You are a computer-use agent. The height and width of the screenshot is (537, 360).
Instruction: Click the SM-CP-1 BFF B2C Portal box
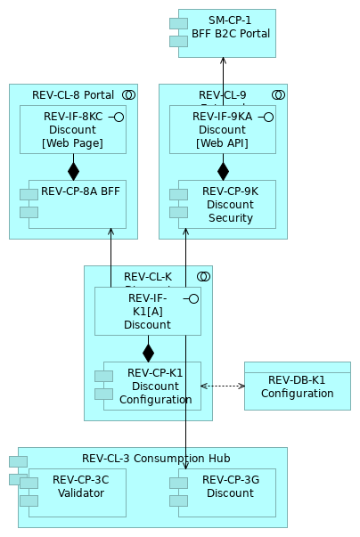click(227, 33)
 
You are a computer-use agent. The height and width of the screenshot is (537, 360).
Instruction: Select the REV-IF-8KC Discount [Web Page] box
click(73, 130)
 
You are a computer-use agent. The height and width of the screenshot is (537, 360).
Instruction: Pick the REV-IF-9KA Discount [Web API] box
click(223, 130)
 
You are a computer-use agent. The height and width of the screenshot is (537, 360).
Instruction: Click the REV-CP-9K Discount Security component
click(226, 204)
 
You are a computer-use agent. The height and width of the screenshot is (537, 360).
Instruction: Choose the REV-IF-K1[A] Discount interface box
click(148, 311)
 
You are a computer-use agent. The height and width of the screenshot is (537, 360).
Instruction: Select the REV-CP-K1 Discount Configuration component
click(152, 386)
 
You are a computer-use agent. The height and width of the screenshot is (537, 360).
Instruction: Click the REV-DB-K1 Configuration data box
click(298, 386)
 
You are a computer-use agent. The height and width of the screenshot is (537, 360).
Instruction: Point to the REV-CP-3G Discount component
click(226, 492)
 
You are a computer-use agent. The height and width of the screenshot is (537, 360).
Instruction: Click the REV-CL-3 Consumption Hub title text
click(156, 459)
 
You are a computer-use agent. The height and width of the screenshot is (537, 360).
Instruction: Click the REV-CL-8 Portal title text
click(73, 95)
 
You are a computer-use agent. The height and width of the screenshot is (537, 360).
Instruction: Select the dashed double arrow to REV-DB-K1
click(223, 386)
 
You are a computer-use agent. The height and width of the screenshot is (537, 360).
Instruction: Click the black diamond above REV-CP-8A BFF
click(73, 171)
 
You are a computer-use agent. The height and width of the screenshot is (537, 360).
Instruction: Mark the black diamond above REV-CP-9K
click(223, 171)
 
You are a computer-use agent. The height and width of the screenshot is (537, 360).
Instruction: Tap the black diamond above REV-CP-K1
click(148, 353)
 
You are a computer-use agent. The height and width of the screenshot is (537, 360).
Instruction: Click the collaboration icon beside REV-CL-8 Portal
click(128, 95)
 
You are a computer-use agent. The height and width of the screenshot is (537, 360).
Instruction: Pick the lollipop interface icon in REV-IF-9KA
click(266, 117)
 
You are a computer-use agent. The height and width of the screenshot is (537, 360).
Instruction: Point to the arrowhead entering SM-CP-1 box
click(223, 61)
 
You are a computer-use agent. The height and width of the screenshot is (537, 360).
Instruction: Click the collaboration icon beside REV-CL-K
click(203, 277)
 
